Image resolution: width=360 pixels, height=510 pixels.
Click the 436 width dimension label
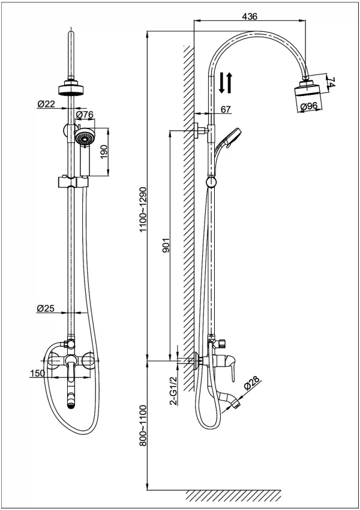point(250,16)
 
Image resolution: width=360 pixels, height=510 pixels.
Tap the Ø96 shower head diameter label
point(308,107)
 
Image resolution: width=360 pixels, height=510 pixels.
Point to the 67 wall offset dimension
point(226,109)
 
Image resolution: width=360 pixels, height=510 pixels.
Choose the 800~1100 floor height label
point(143,427)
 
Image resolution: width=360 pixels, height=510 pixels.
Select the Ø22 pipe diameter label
point(46,104)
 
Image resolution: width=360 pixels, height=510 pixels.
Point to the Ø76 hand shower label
point(85,115)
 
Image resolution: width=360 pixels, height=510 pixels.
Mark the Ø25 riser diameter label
point(46,308)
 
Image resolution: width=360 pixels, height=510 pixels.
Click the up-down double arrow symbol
point(226,82)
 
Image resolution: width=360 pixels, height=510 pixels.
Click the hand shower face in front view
point(85,140)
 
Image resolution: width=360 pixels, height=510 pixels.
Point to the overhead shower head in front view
point(71,90)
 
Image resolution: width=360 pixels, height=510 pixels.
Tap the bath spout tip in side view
point(238,405)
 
